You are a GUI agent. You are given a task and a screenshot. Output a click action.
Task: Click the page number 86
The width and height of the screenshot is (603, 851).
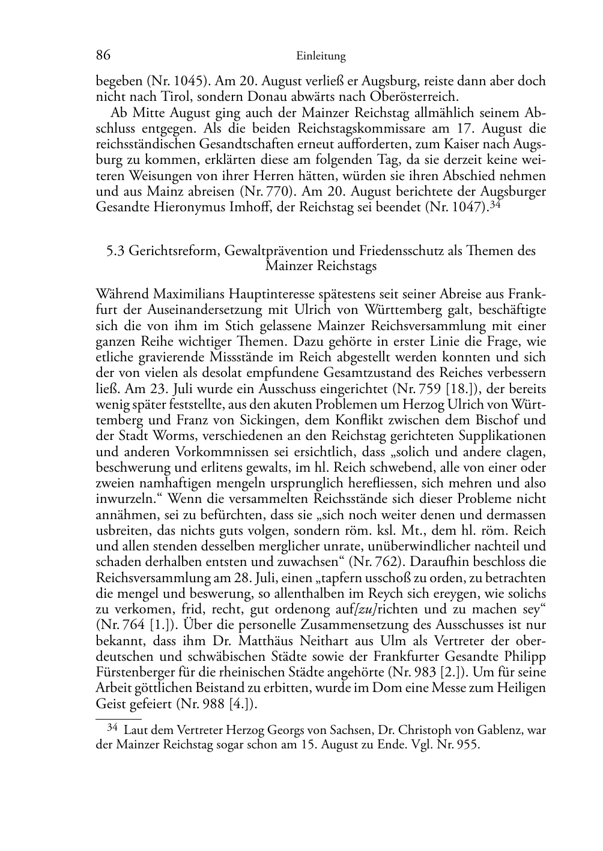coord(103,56)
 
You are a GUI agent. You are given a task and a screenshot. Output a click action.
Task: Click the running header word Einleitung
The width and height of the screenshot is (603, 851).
coord(321,56)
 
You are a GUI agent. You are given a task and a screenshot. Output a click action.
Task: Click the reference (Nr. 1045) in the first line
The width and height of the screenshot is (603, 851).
coord(176,81)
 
